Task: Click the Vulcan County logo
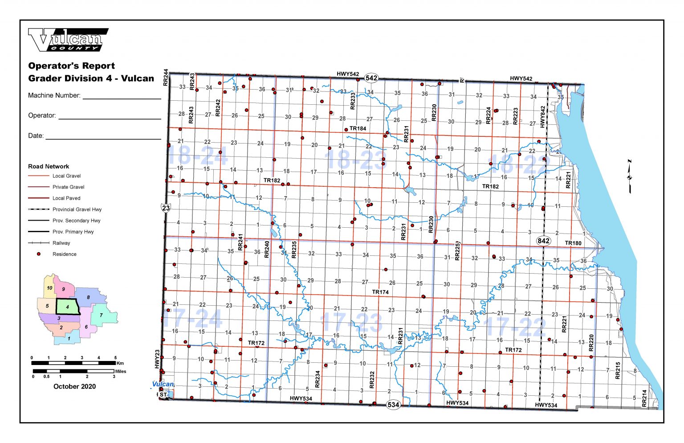[68, 40]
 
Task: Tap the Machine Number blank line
[122, 98]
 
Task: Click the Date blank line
[103, 139]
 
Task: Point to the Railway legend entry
[61, 243]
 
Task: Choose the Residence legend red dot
[39, 254]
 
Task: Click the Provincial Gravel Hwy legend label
[77, 209]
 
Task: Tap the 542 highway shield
[371, 78]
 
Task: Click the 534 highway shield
[393, 405]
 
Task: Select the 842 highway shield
[543, 241]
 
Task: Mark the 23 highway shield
[166, 208]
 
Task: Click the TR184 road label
[358, 128]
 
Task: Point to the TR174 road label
[380, 292]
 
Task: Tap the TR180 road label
[573, 243]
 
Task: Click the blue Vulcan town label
[163, 384]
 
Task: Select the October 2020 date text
[74, 386]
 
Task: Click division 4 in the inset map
[68, 307]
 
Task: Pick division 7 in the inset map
[102, 315]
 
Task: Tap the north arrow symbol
[630, 176]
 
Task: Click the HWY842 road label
[542, 117]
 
